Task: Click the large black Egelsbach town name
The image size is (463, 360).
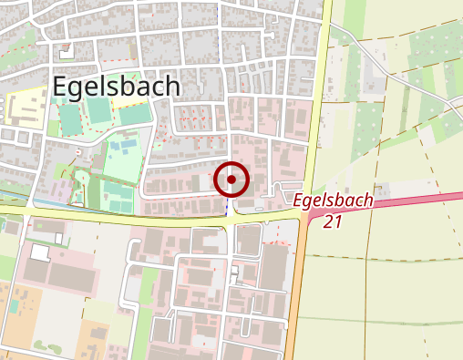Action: (117, 86)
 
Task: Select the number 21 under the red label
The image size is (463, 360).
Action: (332, 221)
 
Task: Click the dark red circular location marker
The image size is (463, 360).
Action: (231, 180)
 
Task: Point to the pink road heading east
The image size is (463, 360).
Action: (401, 202)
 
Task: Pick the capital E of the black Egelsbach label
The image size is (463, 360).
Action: (62, 86)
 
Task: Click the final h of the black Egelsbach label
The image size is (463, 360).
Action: (173, 86)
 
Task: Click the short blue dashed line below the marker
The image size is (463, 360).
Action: (226, 209)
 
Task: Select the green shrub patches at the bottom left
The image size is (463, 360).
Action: (46, 347)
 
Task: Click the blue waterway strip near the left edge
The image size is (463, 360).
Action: (18, 197)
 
